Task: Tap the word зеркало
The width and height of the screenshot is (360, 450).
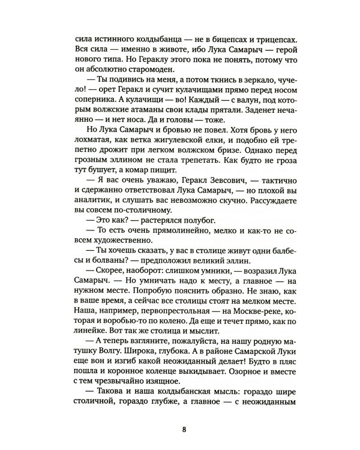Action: click(x=238, y=86)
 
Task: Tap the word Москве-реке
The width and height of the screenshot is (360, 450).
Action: click(x=245, y=338)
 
